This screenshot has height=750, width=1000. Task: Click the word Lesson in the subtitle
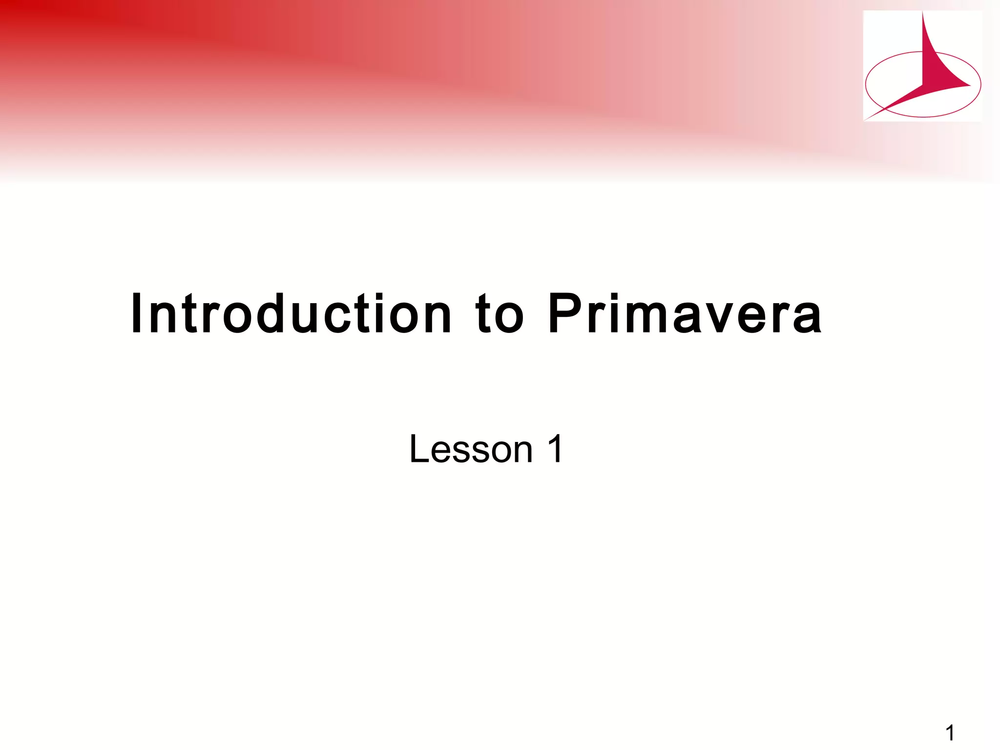coord(471,449)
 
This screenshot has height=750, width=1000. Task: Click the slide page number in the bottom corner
coord(950,733)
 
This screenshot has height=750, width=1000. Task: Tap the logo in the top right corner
coord(922,66)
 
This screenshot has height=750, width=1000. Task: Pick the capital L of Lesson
coord(418,449)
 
